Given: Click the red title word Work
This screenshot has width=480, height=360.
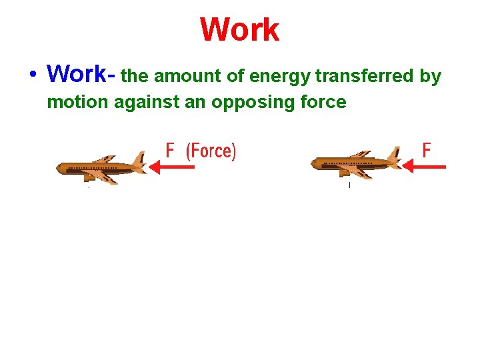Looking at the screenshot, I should coord(239,30).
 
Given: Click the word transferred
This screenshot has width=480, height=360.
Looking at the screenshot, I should coord(364,77).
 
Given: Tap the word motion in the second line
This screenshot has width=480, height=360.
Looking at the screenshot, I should coord(74,103).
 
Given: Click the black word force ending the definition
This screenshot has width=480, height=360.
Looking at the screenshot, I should coord(324,103).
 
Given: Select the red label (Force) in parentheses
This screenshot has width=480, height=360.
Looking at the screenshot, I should coord(211,151).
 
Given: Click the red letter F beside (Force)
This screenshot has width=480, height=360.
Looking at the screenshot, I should coord(171,151).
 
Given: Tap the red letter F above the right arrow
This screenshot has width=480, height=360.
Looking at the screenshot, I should coord(427,151).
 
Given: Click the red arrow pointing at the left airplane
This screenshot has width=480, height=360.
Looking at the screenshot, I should coord(172,167).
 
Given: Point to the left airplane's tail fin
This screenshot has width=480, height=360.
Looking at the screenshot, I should coord(138,160).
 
